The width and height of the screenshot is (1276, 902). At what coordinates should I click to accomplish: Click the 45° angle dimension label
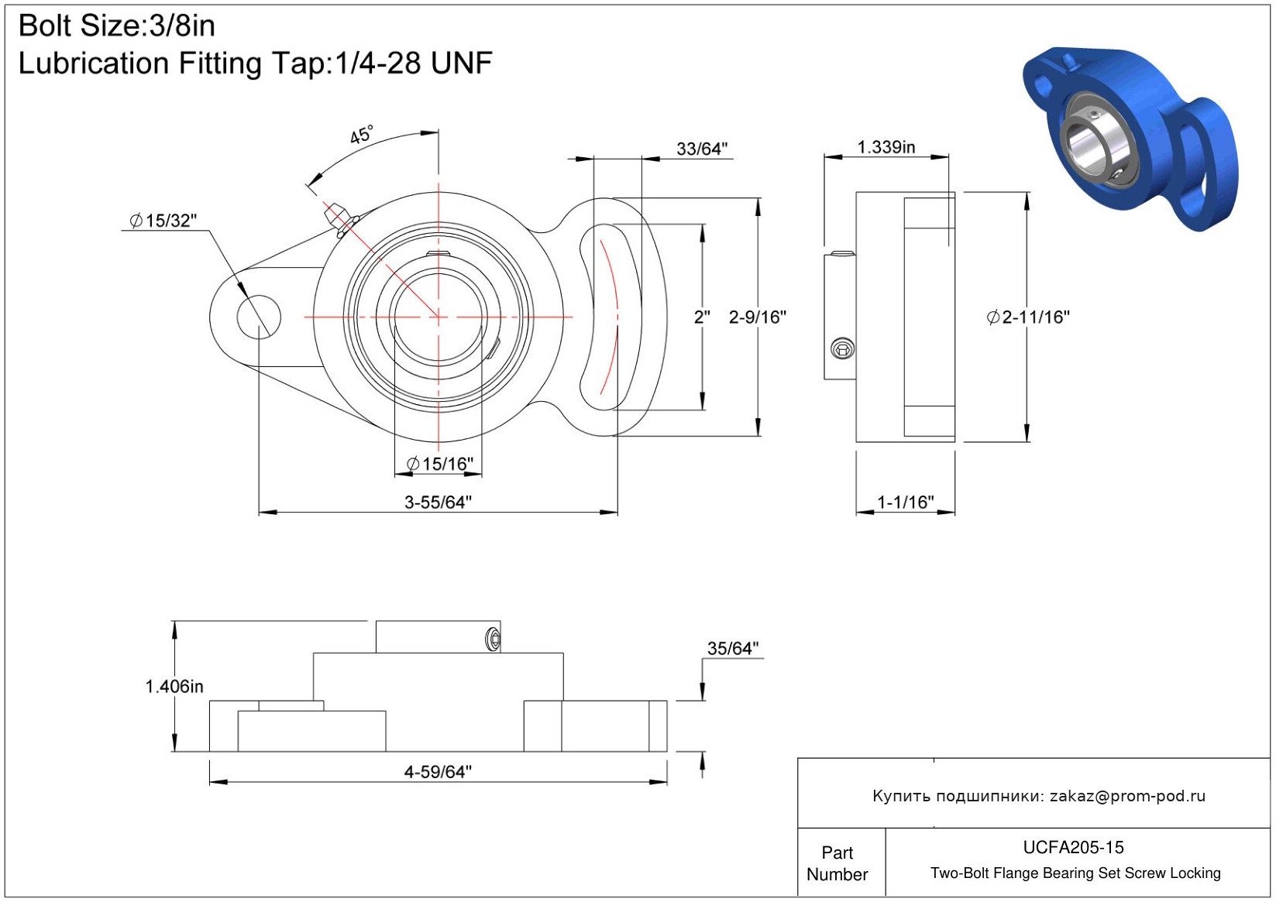click(x=361, y=135)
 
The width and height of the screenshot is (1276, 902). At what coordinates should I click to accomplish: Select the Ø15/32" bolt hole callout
click(x=163, y=221)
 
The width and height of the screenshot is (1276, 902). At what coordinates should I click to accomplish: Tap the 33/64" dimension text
click(x=702, y=149)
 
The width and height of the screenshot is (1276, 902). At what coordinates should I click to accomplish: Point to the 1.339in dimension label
click(x=886, y=147)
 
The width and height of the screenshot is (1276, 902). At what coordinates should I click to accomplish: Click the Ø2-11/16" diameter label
click(x=1028, y=317)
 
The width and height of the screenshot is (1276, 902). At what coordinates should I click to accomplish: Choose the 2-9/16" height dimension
click(x=757, y=317)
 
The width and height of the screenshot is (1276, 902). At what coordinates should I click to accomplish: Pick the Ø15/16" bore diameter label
click(x=439, y=464)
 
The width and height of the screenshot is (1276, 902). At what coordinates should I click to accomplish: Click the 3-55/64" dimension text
click(x=438, y=502)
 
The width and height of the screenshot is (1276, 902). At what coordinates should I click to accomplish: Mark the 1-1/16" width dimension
click(x=905, y=502)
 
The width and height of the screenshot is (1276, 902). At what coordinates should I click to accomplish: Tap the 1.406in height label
click(x=174, y=686)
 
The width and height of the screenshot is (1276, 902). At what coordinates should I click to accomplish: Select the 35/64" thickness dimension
click(x=732, y=648)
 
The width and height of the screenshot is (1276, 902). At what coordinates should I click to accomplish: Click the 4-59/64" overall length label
click(x=438, y=771)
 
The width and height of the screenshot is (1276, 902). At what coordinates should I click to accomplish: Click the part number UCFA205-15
click(x=1073, y=847)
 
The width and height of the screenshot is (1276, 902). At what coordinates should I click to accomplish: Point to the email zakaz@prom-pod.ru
click(x=1127, y=796)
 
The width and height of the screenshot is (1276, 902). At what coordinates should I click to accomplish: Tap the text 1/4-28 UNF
click(x=413, y=63)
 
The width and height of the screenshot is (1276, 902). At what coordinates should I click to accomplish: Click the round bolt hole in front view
click(x=258, y=317)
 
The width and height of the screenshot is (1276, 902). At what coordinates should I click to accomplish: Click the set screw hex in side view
click(x=842, y=348)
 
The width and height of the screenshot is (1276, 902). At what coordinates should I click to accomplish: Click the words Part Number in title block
click(x=837, y=863)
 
